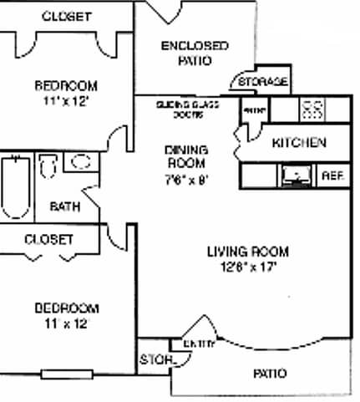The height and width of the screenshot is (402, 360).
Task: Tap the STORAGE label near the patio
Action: click(x=262, y=82)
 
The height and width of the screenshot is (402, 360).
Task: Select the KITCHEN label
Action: click(x=299, y=143)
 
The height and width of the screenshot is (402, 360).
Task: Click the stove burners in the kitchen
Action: click(x=312, y=109)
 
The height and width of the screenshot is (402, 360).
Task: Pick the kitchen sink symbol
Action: click(x=294, y=175)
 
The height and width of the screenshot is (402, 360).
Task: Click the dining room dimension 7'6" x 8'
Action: click(x=186, y=178)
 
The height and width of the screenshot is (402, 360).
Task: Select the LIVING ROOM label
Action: click(x=248, y=252)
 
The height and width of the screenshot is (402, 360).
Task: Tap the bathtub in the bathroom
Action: click(x=15, y=186)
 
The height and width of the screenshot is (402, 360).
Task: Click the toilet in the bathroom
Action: click(x=47, y=167)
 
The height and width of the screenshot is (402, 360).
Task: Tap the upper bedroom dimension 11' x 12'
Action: click(x=65, y=101)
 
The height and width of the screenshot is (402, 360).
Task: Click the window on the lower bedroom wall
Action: click(x=64, y=374)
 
